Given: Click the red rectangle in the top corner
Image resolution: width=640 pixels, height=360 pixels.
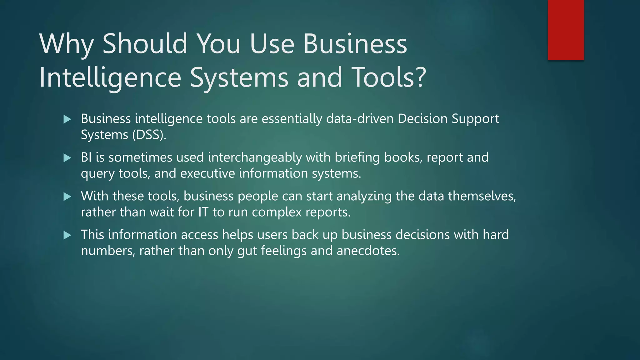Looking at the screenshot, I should click(566, 30).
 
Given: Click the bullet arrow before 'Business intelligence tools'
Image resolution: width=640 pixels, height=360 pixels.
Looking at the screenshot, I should click(67, 119).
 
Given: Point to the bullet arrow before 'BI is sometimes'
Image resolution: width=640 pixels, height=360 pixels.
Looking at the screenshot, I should click(67, 158).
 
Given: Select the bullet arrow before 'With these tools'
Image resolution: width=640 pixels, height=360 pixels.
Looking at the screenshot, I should click(67, 197).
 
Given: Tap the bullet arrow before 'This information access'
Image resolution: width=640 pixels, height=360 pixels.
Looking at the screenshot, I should click(67, 235).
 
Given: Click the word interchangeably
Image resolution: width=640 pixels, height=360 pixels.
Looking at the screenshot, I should click(255, 157).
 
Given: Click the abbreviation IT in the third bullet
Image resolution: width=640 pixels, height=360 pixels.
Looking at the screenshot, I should click(203, 212).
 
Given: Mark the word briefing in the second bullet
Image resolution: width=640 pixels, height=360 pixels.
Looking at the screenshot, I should click(357, 157).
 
